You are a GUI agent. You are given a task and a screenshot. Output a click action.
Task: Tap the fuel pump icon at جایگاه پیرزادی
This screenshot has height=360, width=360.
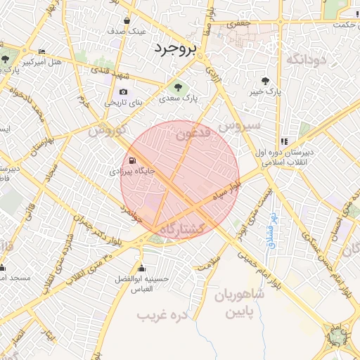click(x=131, y=160)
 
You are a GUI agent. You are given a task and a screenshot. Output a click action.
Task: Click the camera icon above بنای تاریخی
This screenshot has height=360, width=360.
click(x=124, y=91)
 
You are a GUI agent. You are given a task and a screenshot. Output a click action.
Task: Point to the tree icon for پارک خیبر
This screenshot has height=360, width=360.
click(x=265, y=80)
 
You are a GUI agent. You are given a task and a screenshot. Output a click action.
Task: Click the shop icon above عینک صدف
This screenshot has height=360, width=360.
click(x=126, y=21)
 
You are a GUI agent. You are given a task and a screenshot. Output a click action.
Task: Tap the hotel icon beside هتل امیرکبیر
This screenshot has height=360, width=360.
click(x=41, y=52)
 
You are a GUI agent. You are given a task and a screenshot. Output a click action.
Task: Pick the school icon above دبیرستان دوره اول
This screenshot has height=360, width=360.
click(x=283, y=141)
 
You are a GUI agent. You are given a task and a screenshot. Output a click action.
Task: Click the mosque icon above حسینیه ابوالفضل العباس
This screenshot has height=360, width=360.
click(x=143, y=267)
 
